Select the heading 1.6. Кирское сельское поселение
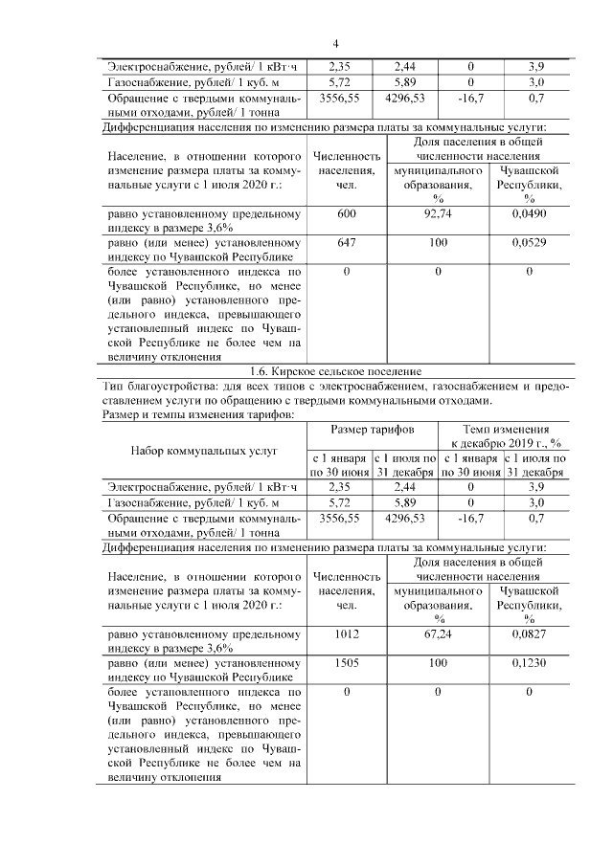coord(335,371)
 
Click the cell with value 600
coord(346,213)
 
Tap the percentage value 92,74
coord(439,213)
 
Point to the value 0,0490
coord(529,213)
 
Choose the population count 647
coord(346,243)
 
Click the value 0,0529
coord(529,243)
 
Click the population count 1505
coord(346,662)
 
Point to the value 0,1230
coord(529,662)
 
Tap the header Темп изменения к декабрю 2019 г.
coord(505,436)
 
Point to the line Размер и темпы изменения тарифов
coord(198,414)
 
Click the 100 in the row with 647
coord(439,243)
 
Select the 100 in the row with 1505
coord(439,662)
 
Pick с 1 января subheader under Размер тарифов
coord(339,458)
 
